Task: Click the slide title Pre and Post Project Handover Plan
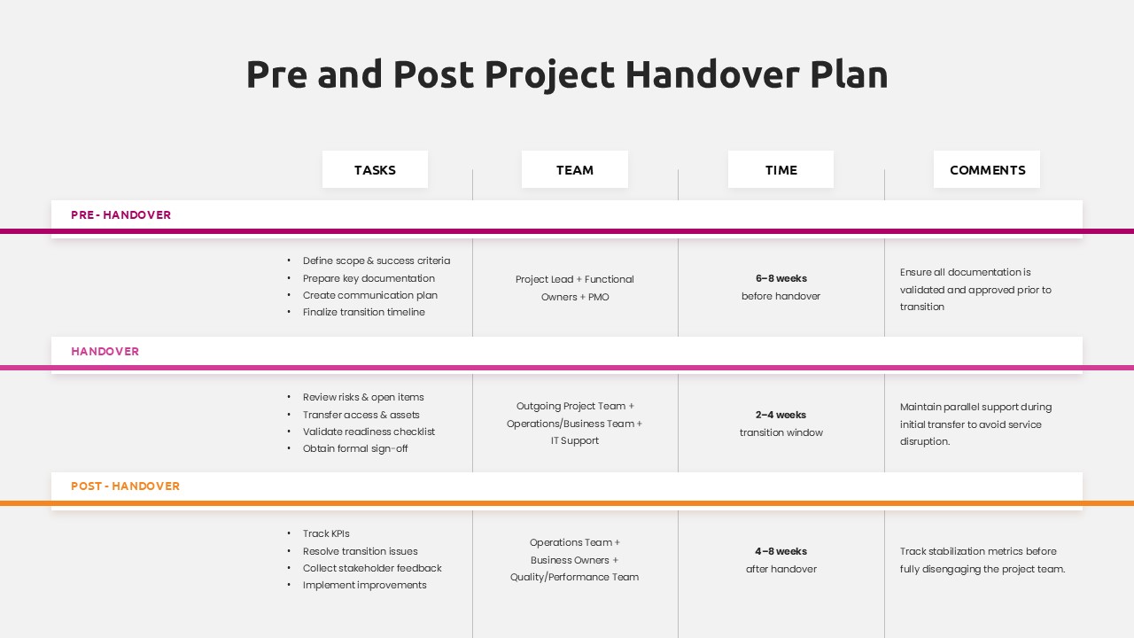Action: tap(567, 74)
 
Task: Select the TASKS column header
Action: tap(375, 170)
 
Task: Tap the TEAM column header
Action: tap(575, 170)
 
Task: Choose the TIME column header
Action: tap(781, 170)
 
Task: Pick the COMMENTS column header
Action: tap(987, 170)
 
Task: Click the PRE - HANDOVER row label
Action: tap(121, 215)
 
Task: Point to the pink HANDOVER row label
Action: tap(105, 352)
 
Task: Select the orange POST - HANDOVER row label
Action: tap(126, 486)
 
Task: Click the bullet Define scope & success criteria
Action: tap(377, 261)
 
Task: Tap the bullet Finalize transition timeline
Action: tap(364, 312)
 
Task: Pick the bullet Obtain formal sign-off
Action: tap(355, 448)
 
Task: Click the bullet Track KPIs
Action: tap(326, 533)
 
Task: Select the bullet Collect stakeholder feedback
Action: tap(372, 568)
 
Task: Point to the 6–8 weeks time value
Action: tap(781, 278)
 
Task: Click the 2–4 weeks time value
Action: tap(781, 415)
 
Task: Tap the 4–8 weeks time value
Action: tap(781, 551)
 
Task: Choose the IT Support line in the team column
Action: tap(575, 440)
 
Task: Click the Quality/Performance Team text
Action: tap(574, 577)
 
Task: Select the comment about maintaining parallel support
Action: tap(975, 424)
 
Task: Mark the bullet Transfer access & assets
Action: tap(361, 415)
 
